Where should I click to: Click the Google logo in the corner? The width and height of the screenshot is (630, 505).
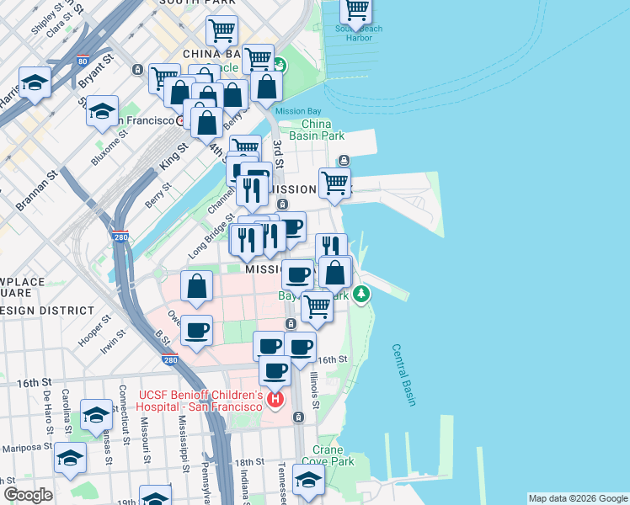point(28,495)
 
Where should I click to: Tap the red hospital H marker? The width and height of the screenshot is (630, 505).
point(275,399)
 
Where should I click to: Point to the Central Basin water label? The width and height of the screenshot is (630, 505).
point(403,375)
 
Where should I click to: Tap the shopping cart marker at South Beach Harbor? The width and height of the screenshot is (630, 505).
point(356,10)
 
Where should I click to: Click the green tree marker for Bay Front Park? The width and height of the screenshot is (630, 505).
point(361,294)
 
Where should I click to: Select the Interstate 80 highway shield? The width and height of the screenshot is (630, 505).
point(81,61)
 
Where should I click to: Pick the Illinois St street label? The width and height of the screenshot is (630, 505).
point(314,391)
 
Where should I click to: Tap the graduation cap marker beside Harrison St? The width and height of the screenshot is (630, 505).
point(35,82)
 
